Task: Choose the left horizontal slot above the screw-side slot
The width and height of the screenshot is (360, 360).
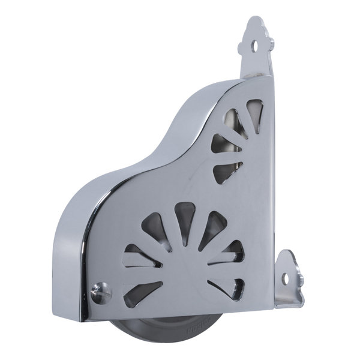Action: tap(137, 257)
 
